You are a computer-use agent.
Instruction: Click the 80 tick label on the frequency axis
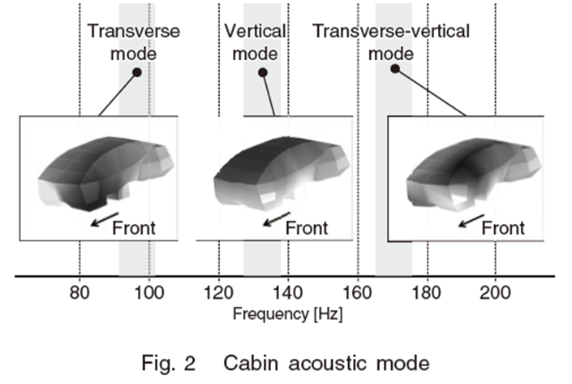[80, 292]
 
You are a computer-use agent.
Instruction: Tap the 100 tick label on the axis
[148, 292]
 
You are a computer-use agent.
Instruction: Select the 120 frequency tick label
[218, 292]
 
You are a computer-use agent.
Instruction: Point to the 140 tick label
[288, 292]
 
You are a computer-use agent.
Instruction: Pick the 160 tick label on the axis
[358, 292]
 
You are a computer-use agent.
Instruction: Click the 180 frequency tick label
[427, 292]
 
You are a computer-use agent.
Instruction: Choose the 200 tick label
[495, 292]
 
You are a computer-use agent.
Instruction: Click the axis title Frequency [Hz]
[288, 314]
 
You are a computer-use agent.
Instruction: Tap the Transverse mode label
[134, 42]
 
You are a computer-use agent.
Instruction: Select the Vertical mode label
[255, 42]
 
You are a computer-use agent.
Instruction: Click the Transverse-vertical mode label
[391, 42]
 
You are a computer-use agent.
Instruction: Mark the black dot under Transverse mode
[137, 72]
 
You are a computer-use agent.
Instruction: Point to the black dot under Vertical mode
[263, 72]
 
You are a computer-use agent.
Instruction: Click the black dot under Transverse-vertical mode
[395, 69]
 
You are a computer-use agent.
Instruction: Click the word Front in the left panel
[134, 228]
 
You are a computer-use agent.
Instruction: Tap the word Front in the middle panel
[307, 228]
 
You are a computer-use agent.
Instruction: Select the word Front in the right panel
[503, 228]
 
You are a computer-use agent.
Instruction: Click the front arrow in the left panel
[105, 219]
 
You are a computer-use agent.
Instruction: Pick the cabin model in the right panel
[474, 175]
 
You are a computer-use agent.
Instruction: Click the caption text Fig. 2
[169, 364]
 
